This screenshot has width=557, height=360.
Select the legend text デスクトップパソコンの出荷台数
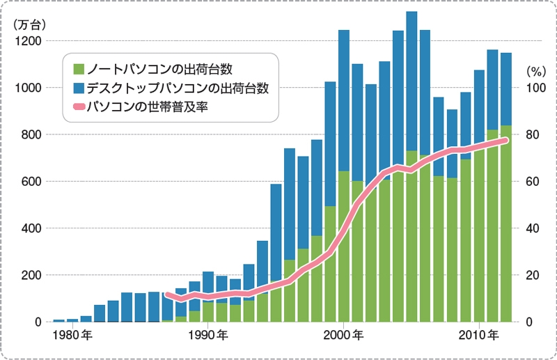pyautogui.click(x=177, y=88)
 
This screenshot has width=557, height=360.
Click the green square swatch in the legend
pyautogui.click(x=79, y=69)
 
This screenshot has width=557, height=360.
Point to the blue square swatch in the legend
pyautogui.click(x=79, y=88)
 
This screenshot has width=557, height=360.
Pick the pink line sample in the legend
pyautogui.click(x=79, y=107)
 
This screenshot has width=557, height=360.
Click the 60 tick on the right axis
pyautogui.click(x=531, y=182)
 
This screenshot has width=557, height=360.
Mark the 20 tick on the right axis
pyautogui.click(x=531, y=275)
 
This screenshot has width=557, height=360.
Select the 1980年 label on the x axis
pyautogui.click(x=72, y=335)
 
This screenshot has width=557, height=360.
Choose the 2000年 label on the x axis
pyautogui.click(x=343, y=335)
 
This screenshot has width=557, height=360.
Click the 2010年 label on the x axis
pyautogui.click(x=478, y=335)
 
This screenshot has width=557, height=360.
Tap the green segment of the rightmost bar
pyautogui.click(x=506, y=223)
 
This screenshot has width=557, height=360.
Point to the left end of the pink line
pyautogui.click(x=166, y=295)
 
